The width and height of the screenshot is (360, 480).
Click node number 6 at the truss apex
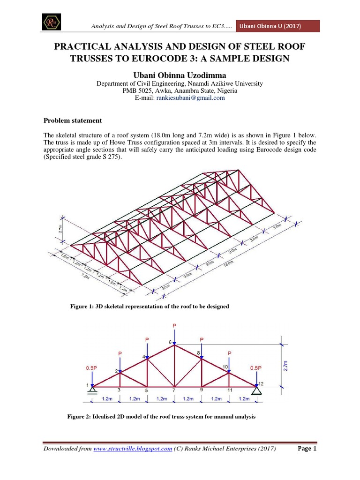click(170, 342)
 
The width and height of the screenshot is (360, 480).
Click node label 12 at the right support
click(261, 384)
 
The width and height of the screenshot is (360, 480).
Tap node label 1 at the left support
click(87, 385)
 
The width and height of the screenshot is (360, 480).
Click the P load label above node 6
click(175, 324)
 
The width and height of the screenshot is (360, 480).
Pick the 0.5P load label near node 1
click(90, 368)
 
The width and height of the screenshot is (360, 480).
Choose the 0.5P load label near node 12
click(256, 368)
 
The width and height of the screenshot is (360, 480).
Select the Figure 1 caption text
click(150, 306)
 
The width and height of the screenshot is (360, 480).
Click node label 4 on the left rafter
click(144, 357)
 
